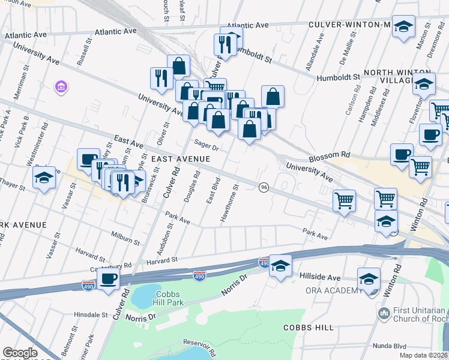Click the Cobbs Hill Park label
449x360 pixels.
click(155, 298)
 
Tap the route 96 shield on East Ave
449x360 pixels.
click(264, 188)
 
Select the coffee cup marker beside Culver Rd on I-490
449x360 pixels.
click(109, 278)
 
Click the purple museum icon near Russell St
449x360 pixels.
click(60, 88)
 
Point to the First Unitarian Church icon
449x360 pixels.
click(384, 313)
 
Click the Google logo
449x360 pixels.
click(20, 353)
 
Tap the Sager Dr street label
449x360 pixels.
click(206, 144)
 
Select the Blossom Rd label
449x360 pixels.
click(329, 155)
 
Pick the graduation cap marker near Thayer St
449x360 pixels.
click(44, 178)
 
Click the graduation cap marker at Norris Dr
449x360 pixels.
click(280, 266)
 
